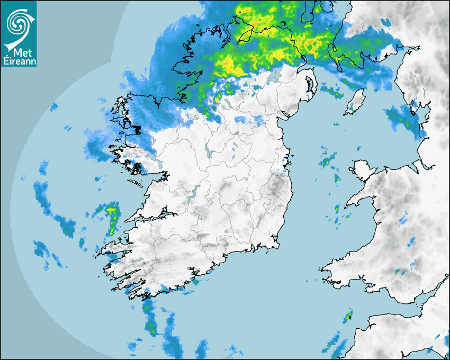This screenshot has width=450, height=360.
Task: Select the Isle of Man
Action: click(x=356, y=101)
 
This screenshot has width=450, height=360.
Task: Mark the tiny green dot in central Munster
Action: click(x=201, y=216)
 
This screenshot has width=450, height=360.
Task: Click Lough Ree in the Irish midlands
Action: click(x=211, y=154)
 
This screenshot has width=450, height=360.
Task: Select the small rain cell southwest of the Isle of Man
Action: click(x=336, y=123)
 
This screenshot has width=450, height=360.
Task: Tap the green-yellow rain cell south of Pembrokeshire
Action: click(x=347, y=318)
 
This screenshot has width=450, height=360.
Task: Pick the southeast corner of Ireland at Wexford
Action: click(x=275, y=245)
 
